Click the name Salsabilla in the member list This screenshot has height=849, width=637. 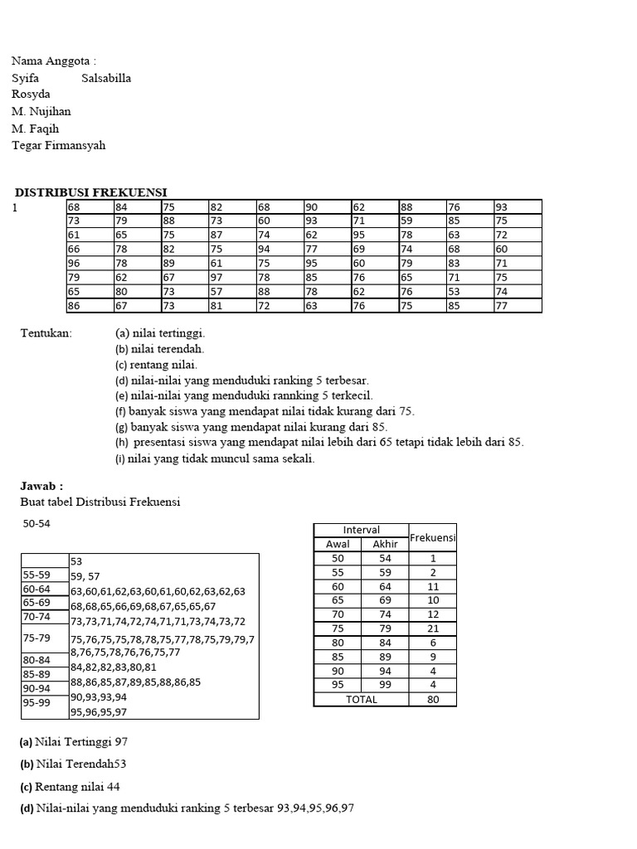point(106,78)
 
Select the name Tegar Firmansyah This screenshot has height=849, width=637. point(59,146)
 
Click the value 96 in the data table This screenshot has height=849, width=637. point(74,263)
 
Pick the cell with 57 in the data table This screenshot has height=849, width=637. point(216,291)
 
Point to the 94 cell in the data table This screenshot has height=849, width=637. point(264,249)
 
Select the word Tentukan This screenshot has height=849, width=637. point(46,333)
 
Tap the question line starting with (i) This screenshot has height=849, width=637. point(215,458)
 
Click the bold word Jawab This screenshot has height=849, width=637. point(41,487)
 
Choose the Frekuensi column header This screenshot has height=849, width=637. point(432,537)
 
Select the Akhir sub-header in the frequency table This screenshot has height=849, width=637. point(385,544)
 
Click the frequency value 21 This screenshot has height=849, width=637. point(432,628)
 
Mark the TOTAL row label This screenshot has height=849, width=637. point(361,699)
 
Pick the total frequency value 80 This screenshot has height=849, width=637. point(432,699)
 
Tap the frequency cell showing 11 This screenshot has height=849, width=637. point(432,586)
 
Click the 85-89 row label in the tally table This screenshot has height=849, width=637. point(39,674)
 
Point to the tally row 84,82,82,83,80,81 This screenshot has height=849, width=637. point(114,667)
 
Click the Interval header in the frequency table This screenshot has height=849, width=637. point(361,530)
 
